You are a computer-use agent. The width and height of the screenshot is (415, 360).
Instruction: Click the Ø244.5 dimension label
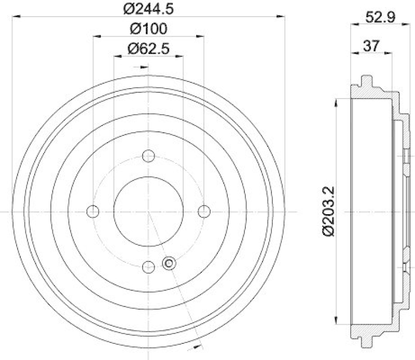(x=148, y=8)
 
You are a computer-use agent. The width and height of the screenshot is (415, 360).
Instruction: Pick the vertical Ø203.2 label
(x=330, y=212)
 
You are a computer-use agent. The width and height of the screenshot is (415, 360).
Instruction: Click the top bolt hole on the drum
(x=148, y=156)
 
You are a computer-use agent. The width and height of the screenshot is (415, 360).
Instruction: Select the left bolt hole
(x=93, y=211)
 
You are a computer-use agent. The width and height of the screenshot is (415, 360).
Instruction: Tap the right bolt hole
(x=204, y=211)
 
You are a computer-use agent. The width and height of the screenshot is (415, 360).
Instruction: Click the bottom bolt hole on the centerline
(x=148, y=267)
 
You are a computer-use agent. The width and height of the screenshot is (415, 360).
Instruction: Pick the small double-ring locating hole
(x=168, y=264)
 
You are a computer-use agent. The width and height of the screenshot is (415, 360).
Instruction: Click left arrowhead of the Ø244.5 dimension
(x=15, y=17)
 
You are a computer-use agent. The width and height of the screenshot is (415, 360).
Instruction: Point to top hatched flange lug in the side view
(x=366, y=83)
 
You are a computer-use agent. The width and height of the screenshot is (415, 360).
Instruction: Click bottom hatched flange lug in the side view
(x=366, y=341)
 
